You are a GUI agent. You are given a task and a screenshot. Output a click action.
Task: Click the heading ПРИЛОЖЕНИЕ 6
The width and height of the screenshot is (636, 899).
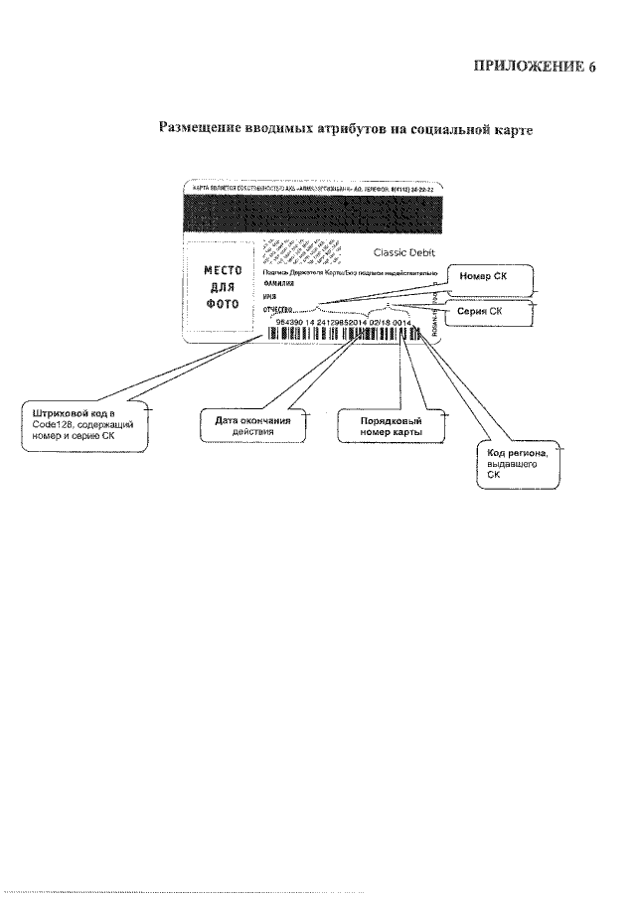(534, 67)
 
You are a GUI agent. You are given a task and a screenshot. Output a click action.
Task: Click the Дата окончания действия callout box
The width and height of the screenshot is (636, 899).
(251, 425)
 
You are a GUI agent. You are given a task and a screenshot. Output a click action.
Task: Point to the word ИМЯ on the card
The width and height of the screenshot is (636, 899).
(269, 297)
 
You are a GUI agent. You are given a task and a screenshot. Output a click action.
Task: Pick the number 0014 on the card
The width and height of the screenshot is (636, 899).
(402, 323)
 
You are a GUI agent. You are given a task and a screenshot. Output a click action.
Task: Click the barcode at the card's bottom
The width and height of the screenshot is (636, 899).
(343, 335)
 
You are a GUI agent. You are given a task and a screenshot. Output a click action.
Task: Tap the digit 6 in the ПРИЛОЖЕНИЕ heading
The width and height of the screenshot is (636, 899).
(591, 67)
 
